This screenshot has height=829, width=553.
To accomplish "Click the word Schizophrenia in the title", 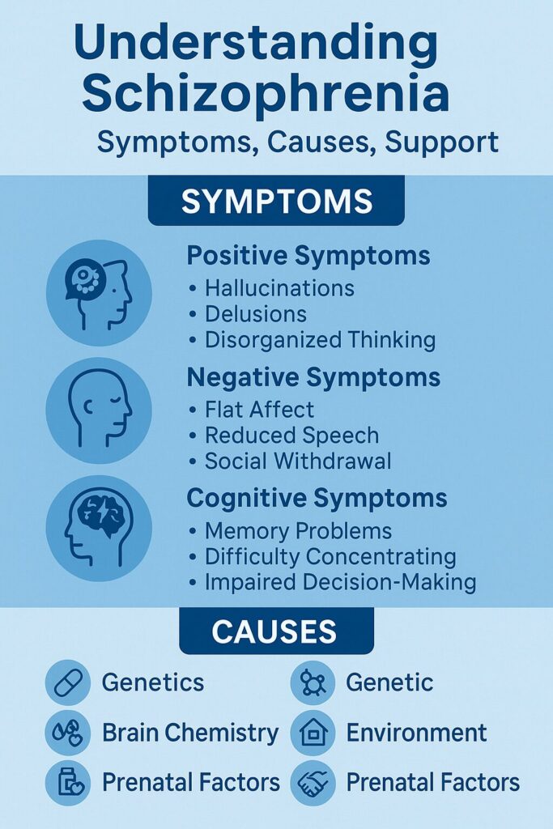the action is tap(266, 93).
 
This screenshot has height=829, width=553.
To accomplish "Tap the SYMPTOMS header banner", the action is tap(276, 201).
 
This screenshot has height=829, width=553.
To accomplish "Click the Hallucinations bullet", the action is tap(279, 287).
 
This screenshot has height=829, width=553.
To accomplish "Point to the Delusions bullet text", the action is tap(256, 313).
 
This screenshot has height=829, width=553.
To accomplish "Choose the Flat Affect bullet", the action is tap(259, 409).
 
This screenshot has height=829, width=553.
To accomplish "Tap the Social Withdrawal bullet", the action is tap(298, 461).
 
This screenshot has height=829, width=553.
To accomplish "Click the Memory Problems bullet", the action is tap(298, 531).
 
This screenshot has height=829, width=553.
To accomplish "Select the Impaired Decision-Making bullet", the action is tap(340, 582).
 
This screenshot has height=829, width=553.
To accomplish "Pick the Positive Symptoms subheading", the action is tap(308, 256).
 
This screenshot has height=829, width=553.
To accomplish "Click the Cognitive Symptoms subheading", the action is tap(317, 498).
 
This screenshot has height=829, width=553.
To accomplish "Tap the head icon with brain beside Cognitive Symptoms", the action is tap(98, 529).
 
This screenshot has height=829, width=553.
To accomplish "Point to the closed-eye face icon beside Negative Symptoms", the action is tap(98, 410).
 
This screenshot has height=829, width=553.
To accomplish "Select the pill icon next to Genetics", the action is tap(67, 682).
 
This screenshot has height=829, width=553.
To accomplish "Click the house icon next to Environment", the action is tap(313, 733).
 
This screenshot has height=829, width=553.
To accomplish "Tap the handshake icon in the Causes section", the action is tap(313, 783).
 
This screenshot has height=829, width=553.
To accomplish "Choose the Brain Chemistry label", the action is tap(189, 733).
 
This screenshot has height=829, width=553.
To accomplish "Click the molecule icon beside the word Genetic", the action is tap(313, 682).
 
